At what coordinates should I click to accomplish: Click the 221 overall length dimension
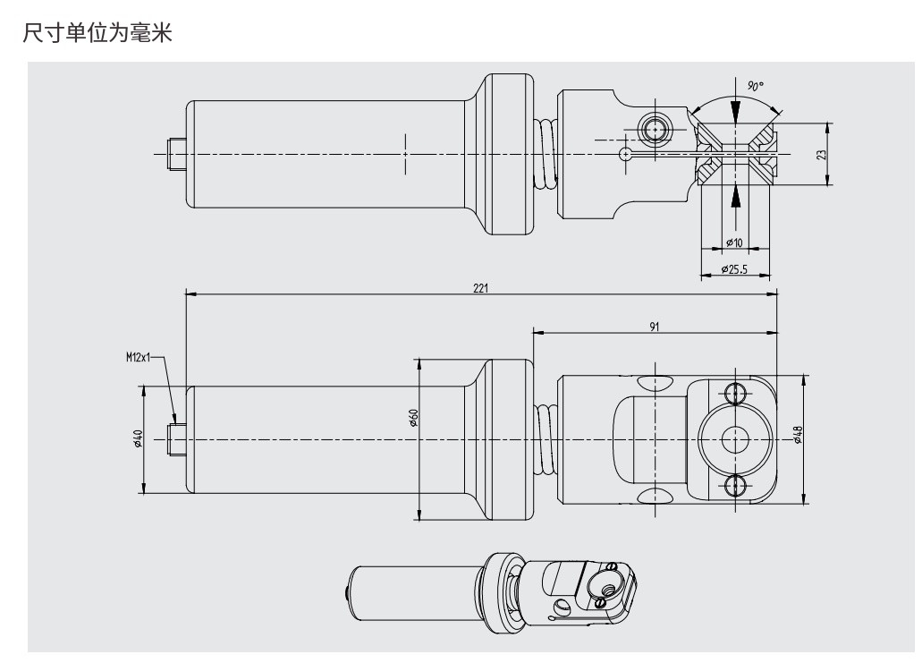(x=481, y=288)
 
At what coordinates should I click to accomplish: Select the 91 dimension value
(x=654, y=327)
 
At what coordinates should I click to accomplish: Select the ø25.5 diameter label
(x=734, y=268)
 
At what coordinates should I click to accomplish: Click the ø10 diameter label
(x=734, y=242)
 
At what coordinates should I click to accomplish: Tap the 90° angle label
(x=756, y=87)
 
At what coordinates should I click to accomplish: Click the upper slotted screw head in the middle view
(x=735, y=392)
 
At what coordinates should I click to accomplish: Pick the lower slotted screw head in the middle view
(x=735, y=485)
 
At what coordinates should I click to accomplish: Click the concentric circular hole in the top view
(x=655, y=130)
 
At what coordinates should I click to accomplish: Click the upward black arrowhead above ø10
(x=735, y=194)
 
